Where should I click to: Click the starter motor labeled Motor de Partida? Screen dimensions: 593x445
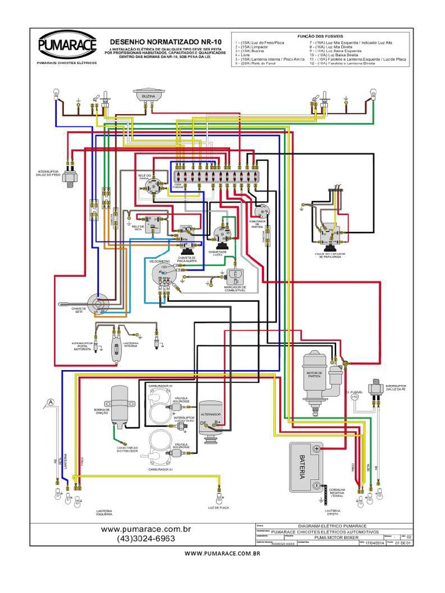pos(316,376)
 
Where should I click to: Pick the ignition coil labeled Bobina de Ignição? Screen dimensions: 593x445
pos(119,406)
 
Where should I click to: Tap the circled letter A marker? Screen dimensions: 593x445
pos(51,402)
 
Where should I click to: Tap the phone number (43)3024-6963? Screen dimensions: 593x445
pos(146,539)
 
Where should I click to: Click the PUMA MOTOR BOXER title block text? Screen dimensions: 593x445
pos(336,537)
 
